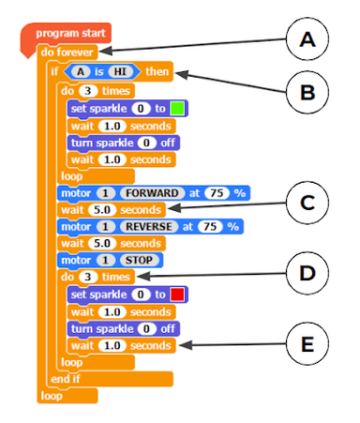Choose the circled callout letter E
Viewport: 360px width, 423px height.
pos(307,345)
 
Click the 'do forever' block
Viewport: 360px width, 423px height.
pos(67,52)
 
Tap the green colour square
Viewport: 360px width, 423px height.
pos(176,109)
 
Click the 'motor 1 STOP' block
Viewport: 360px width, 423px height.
pos(97,260)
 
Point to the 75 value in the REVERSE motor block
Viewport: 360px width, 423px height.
pos(210,226)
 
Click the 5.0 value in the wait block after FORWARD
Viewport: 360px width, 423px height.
pos(101,209)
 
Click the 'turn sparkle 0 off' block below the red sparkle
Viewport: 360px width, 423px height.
pos(122,328)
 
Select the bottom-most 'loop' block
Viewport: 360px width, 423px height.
pos(51,396)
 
